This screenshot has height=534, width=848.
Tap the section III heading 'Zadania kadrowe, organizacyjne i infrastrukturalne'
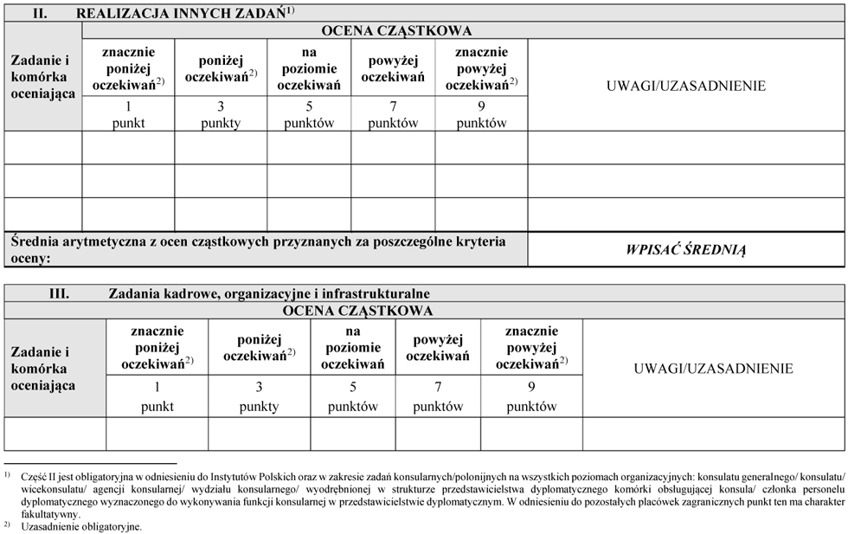coord(268,294)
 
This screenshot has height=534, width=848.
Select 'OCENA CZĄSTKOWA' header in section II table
coord(396,31)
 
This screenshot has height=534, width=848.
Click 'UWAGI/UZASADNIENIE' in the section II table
coord(686,86)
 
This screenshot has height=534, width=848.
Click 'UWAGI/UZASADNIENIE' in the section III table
coord(713,369)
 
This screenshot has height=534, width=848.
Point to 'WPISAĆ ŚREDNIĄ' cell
coord(686,250)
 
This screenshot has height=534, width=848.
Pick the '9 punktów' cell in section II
coord(481,114)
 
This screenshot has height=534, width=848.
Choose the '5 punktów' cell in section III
coord(352,397)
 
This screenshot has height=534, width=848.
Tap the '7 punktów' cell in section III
coord(438,397)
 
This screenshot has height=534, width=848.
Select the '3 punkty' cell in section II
coord(220,114)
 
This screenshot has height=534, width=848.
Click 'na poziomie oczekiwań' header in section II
coord(309,69)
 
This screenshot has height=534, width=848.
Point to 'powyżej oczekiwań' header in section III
coord(438,348)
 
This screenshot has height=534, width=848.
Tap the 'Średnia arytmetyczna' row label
coord(258,249)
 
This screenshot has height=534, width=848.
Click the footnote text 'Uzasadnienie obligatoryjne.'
coord(81,526)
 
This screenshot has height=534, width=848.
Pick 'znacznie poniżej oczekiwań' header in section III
coord(157,348)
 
